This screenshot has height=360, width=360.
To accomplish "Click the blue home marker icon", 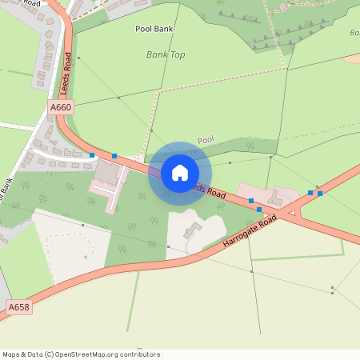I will pos(179,173).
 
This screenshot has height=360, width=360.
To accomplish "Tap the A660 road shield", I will pos(60,106).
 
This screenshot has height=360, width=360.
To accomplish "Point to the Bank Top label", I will pos(166,54).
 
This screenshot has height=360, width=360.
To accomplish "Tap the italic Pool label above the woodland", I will pos(206,138).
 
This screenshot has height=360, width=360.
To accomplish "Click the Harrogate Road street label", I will pos(249,233).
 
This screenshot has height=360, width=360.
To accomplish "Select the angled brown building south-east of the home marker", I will pos(192,232).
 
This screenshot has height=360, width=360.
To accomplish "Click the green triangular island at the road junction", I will pos(292,214).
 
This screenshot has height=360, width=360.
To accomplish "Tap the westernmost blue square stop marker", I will pos(93,155).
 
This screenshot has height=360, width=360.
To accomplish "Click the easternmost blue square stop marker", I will pos(320,193).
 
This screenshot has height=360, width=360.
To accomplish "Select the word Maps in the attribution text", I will pos(12,354).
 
